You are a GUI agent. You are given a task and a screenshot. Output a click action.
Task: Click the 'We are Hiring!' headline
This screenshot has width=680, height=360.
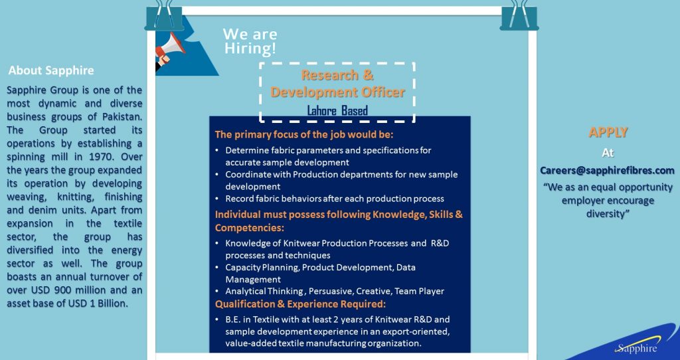[x=250, y=41]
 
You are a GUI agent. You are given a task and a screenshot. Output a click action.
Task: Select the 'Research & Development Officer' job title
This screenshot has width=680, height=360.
[x=337, y=84]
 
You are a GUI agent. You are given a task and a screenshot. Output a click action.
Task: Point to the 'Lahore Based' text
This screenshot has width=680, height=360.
[x=337, y=110]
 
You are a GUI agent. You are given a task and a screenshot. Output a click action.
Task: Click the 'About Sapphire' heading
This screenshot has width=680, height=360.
[x=51, y=70]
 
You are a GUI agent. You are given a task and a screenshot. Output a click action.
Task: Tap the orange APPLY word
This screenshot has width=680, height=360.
[x=608, y=132]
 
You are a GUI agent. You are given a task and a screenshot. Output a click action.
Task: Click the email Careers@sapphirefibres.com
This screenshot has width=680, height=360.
[x=607, y=171]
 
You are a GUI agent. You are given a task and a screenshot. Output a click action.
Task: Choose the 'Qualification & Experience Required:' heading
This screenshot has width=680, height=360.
[x=300, y=304]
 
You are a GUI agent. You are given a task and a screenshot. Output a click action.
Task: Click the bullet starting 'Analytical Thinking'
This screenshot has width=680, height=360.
[x=334, y=291]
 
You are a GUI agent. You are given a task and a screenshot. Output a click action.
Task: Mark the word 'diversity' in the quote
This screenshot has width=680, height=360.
[x=608, y=214]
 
